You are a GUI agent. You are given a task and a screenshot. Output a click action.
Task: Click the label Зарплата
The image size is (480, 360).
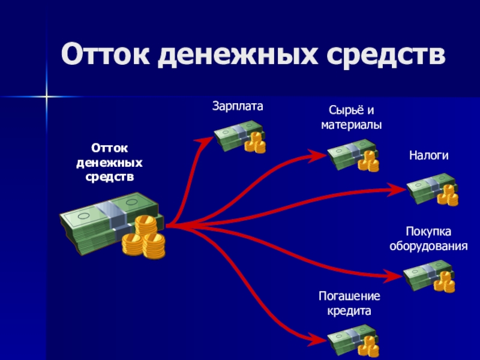(238, 106)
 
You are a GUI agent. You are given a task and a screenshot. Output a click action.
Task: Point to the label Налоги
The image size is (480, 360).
(429, 155)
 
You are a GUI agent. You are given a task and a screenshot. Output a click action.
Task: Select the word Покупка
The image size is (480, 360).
(428, 232)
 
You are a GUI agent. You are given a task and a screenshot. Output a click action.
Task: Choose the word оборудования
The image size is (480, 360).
(428, 246)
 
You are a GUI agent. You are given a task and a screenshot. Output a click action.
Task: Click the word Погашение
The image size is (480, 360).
(350, 297)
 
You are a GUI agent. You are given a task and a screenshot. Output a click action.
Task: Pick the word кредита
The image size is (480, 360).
(350, 311)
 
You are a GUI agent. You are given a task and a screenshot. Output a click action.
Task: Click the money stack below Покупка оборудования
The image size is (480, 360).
(429, 276)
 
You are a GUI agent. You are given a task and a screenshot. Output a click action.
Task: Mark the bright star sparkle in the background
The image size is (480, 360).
(45, 96)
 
